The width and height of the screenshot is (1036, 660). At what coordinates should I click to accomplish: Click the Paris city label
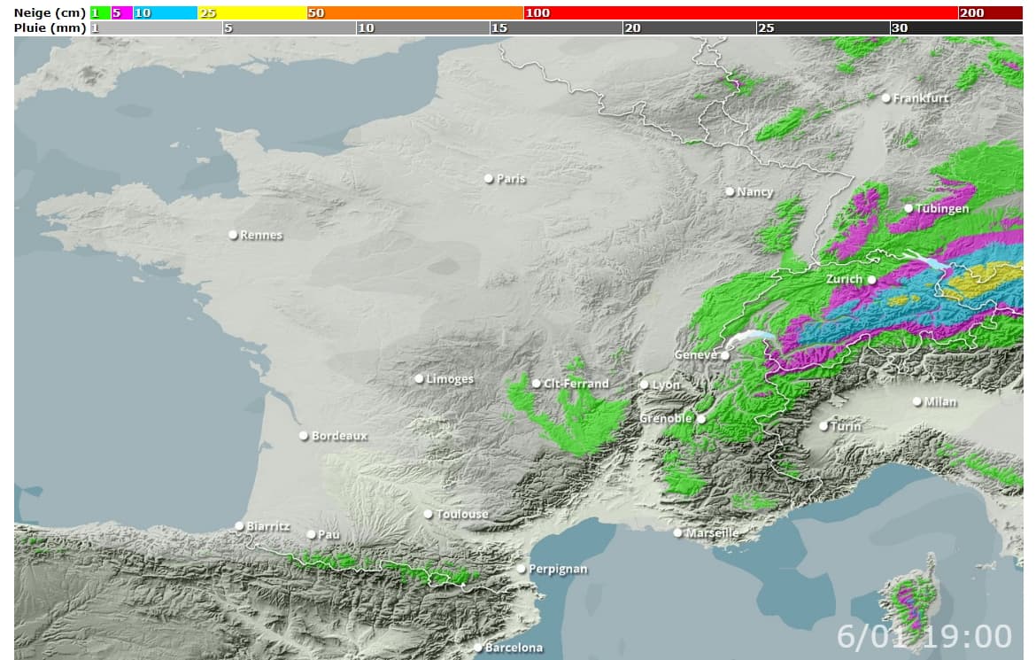(x=511, y=179)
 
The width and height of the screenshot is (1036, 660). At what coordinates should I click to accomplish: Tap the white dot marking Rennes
(x=233, y=235)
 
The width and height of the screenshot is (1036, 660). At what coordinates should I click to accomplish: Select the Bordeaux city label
(x=339, y=436)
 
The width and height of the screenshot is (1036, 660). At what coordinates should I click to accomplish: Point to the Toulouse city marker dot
(x=428, y=514)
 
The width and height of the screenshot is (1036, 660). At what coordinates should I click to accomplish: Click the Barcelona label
(x=514, y=648)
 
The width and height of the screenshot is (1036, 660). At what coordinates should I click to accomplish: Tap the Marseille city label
(x=712, y=533)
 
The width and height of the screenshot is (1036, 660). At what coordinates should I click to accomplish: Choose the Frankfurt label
(x=920, y=98)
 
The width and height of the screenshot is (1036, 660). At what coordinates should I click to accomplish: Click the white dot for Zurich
(x=871, y=279)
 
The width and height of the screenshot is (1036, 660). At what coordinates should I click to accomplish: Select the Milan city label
(x=940, y=401)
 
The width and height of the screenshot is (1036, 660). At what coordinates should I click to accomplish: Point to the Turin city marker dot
(x=823, y=426)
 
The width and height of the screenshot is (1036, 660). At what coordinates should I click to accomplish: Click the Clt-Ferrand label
(x=576, y=384)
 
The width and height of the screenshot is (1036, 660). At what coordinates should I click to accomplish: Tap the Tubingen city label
(x=942, y=208)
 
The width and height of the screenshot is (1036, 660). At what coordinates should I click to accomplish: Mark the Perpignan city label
(x=558, y=569)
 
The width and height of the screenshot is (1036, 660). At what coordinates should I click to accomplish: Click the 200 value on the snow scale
(x=971, y=13)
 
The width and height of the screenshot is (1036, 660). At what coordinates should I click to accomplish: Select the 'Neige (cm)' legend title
(x=50, y=13)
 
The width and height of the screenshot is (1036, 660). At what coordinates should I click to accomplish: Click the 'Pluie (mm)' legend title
(x=50, y=28)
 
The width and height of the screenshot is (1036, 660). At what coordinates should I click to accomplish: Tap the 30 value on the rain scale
(x=899, y=28)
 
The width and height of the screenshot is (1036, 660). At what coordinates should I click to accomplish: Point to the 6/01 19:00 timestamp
(x=924, y=636)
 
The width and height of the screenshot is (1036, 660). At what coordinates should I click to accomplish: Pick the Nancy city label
(x=754, y=191)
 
